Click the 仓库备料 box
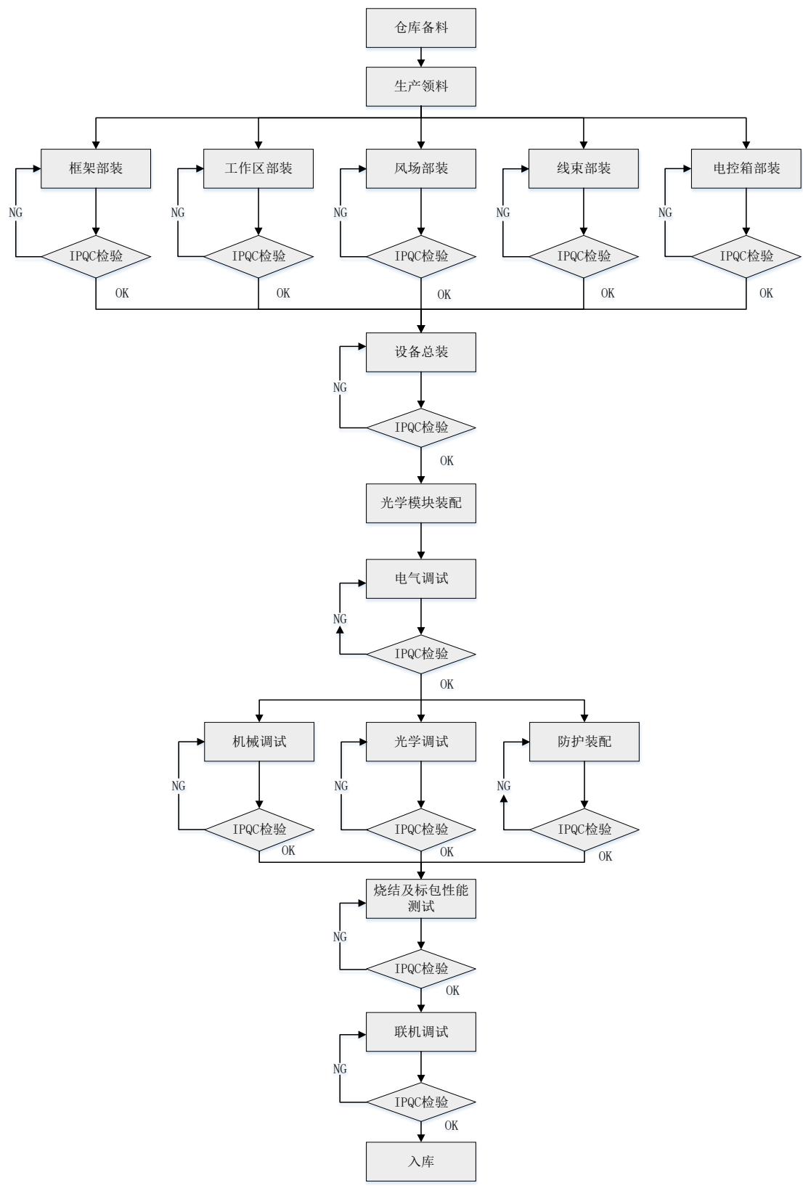click(420, 28)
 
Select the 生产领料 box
click(420, 86)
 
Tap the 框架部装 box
click(96, 168)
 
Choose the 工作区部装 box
click(258, 168)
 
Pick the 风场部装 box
click(420, 168)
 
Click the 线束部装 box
click(583, 168)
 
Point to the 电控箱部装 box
click(746, 168)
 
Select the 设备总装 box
click(420, 352)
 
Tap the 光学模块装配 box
click(420, 503)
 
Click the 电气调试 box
click(420, 578)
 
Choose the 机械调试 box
click(259, 742)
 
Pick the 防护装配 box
click(584, 742)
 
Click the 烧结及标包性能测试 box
click(420, 898)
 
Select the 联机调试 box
click(420, 1031)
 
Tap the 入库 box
click(420, 1161)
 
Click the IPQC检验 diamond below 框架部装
click(96, 256)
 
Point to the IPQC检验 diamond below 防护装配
click(584, 829)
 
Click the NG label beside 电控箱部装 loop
click(665, 213)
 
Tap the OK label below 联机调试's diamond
click(451, 1125)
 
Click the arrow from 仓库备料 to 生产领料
click(421, 57)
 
